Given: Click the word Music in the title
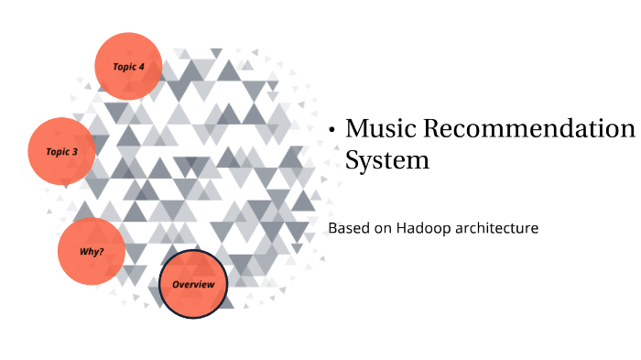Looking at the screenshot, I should point(378,128).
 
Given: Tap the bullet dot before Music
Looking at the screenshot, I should point(332,131).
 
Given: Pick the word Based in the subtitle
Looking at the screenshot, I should point(348,227).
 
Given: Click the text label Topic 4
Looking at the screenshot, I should point(128,66).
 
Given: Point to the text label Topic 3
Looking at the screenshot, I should point(60,151).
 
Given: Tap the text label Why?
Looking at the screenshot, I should point(91,250).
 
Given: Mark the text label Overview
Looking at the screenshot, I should point(193,285).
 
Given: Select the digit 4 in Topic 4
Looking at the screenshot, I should point(142,66).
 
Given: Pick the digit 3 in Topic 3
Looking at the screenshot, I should point(74,151).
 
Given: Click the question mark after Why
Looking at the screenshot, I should point(101,250).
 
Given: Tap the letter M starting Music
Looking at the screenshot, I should point(357,128).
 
